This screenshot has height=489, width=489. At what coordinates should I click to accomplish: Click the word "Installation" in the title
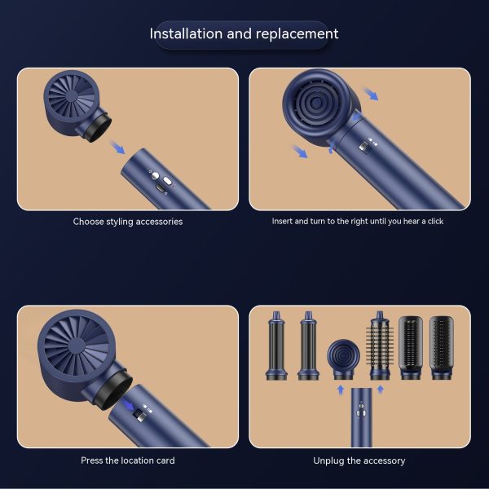click(x=186, y=33)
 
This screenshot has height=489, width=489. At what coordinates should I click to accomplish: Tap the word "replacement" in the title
click(x=297, y=34)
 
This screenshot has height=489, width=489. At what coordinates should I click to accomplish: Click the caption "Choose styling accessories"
click(x=128, y=222)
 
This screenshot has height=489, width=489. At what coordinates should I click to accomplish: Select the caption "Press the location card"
click(x=128, y=460)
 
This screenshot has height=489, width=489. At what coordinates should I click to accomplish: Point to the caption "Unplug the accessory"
click(x=359, y=460)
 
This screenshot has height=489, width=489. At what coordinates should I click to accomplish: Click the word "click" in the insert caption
click(x=436, y=221)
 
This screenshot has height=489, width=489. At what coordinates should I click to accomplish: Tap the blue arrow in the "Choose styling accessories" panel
click(x=117, y=148)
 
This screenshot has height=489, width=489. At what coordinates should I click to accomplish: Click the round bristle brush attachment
click(x=380, y=346)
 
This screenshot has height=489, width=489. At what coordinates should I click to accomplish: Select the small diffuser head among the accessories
click(x=343, y=359)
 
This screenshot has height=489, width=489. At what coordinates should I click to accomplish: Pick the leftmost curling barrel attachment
click(x=276, y=346)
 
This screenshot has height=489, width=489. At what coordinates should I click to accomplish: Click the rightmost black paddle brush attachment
click(x=442, y=348)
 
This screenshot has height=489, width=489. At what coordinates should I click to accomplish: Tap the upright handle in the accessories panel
click(x=361, y=417)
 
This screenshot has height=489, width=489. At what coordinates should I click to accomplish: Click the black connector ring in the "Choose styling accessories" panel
click(x=96, y=128)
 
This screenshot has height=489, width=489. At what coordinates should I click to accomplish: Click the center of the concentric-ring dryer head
click(x=316, y=103)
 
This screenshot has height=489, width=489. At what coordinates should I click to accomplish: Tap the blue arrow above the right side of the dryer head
click(x=371, y=94)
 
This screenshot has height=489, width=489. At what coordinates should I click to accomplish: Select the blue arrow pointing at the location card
click(x=128, y=404)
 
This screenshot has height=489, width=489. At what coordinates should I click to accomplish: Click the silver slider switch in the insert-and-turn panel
click(x=363, y=147)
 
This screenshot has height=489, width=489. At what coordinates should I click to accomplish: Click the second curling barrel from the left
click(x=308, y=346)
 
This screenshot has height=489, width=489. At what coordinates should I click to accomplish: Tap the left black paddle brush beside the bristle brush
click(x=411, y=348)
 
